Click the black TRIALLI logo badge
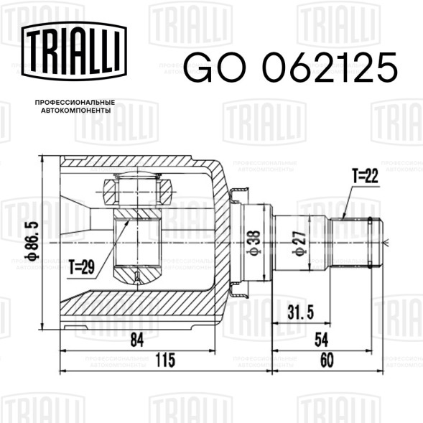pyautogui.click(x=74, y=51)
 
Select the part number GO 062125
pyautogui.click(x=290, y=68)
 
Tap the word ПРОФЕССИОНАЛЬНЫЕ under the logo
pyautogui.click(x=75, y=103)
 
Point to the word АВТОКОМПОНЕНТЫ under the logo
pyautogui.click(x=76, y=111)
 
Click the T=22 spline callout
pyautogui.click(x=365, y=176)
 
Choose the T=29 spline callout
pyautogui.click(x=81, y=267)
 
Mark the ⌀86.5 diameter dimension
pyautogui.click(x=32, y=241)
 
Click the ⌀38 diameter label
pyautogui.click(x=254, y=242)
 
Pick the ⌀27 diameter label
pyautogui.click(x=299, y=243)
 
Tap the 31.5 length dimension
pyautogui.click(x=300, y=313)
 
